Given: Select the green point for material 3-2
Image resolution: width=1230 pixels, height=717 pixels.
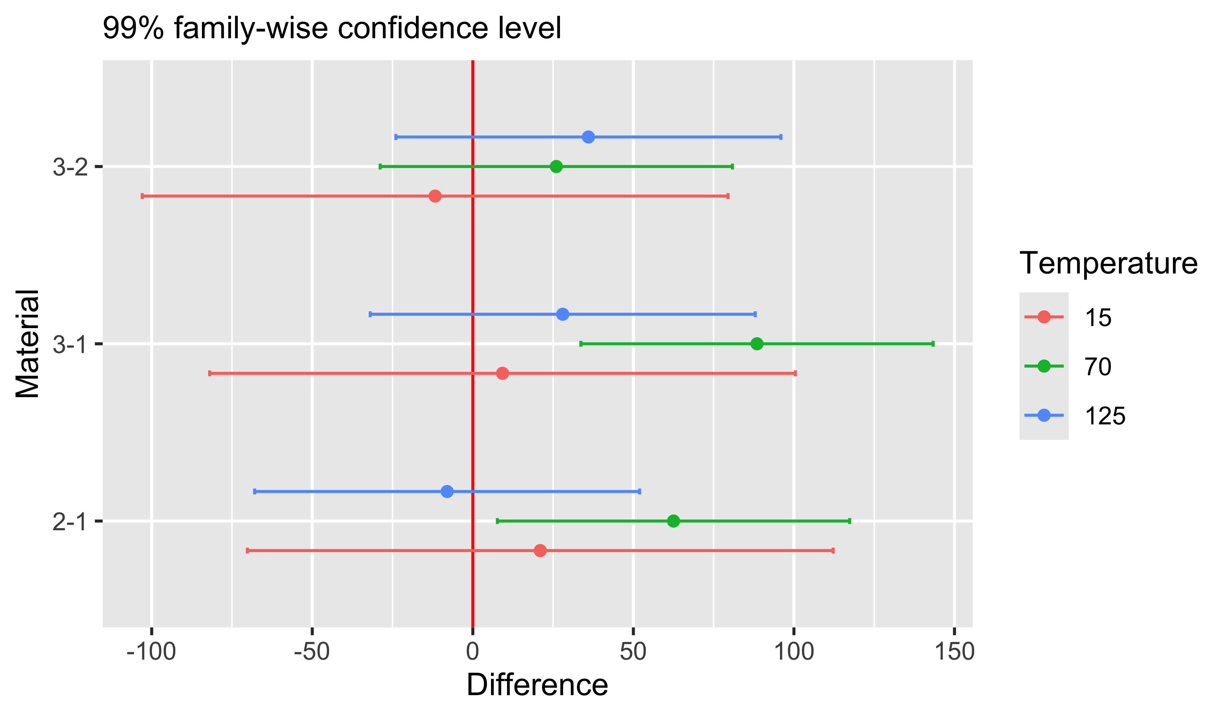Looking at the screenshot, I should [556, 167].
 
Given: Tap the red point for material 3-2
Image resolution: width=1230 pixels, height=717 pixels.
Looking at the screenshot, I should [435, 196].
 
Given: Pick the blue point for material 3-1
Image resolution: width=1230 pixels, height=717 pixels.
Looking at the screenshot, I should [563, 314].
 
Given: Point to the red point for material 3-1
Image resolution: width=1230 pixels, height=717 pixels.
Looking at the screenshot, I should [502, 374].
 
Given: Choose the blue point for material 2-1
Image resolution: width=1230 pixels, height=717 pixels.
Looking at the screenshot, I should [447, 492].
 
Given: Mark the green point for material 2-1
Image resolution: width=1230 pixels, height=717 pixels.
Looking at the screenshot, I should [673, 521].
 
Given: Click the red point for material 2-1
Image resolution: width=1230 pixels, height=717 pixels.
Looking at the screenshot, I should [540, 551].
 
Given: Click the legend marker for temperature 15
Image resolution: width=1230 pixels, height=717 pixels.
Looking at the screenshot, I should [1043, 317].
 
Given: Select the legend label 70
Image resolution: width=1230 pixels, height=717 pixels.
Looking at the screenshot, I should [1098, 367].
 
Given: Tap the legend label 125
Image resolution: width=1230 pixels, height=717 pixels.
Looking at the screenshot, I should [1105, 416].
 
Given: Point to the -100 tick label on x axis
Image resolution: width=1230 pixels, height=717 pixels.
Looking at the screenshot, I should [151, 652].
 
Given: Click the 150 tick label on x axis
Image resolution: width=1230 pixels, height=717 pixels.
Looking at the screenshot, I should [954, 652].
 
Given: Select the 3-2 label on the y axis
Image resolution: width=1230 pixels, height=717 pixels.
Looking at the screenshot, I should [70, 168].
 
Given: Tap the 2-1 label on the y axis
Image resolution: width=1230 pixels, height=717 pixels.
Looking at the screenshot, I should [70, 522].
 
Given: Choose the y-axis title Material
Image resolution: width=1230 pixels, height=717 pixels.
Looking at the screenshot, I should [28, 344].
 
